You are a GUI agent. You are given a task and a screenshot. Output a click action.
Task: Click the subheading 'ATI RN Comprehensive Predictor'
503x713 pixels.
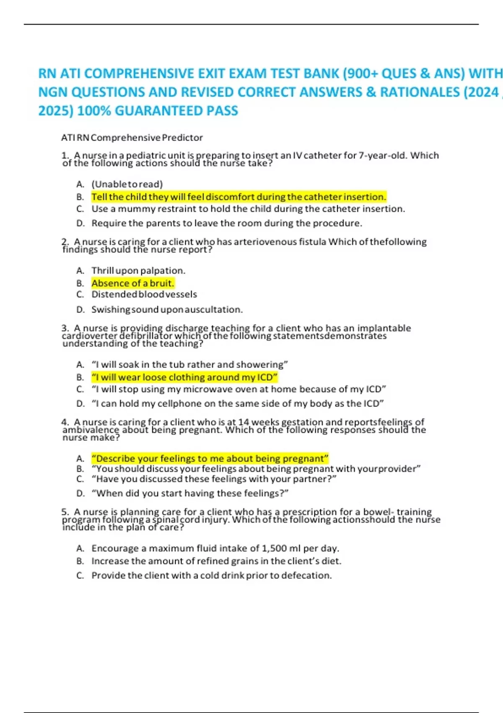click(132, 138)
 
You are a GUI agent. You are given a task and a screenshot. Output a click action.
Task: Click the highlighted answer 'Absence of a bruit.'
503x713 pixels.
click(132, 283)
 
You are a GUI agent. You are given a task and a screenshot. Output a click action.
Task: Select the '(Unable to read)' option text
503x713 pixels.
click(127, 184)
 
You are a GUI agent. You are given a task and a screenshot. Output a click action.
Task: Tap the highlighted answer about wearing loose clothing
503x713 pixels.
click(184, 377)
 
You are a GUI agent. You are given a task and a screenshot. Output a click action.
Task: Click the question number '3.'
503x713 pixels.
click(65, 328)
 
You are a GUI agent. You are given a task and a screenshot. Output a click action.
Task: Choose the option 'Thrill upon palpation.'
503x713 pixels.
click(138, 271)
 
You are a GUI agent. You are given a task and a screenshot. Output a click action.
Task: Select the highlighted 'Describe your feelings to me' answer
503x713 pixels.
click(210, 458)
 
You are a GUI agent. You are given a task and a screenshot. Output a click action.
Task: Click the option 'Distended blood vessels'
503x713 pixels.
click(144, 294)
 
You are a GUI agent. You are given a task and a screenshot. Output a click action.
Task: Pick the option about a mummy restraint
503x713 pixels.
click(248, 209)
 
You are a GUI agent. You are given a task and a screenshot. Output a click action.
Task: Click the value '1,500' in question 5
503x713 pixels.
click(275, 548)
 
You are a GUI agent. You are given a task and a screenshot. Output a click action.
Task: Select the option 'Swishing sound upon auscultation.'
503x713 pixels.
click(167, 310)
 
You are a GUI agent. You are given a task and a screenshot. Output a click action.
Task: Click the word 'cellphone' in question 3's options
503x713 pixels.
click(195, 403)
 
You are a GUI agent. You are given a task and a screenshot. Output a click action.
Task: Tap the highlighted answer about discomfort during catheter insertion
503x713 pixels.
click(239, 197)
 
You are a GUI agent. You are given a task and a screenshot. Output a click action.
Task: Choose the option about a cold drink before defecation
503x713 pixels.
click(211, 575)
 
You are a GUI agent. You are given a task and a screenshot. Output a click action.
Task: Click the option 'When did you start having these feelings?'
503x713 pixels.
click(190, 493)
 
